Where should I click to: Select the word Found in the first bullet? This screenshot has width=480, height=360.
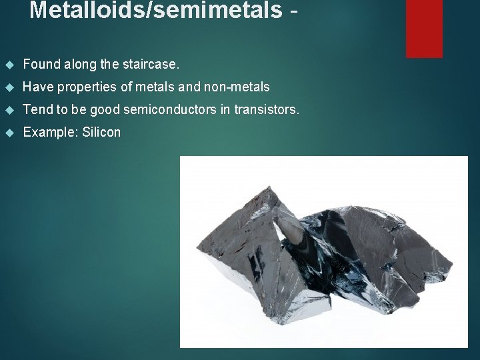tap(41, 65)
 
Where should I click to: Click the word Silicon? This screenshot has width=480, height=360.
tap(101, 132)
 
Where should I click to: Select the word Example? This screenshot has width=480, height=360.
tap(51, 132)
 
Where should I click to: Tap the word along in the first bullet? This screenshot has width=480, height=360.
tap(79, 65)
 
